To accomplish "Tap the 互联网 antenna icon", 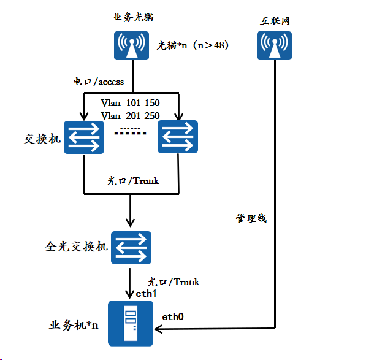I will tap(274, 45).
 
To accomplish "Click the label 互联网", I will tap(274, 21).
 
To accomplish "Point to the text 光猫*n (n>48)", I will tap(193, 45).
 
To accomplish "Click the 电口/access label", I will tap(99, 81).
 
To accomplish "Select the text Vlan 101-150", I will tap(130, 103).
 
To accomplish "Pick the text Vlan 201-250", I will tap(130, 115).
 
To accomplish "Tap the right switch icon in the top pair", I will tap(178, 136).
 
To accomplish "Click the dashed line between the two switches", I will tap(131, 131).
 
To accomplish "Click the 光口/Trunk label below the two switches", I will tap(134, 180).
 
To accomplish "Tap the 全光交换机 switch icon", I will tap(131, 247).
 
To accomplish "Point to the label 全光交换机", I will tap(77, 247).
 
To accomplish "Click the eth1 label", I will tap(147, 294).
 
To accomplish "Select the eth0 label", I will tap(173, 316).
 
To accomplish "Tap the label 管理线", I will tap(251, 218).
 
